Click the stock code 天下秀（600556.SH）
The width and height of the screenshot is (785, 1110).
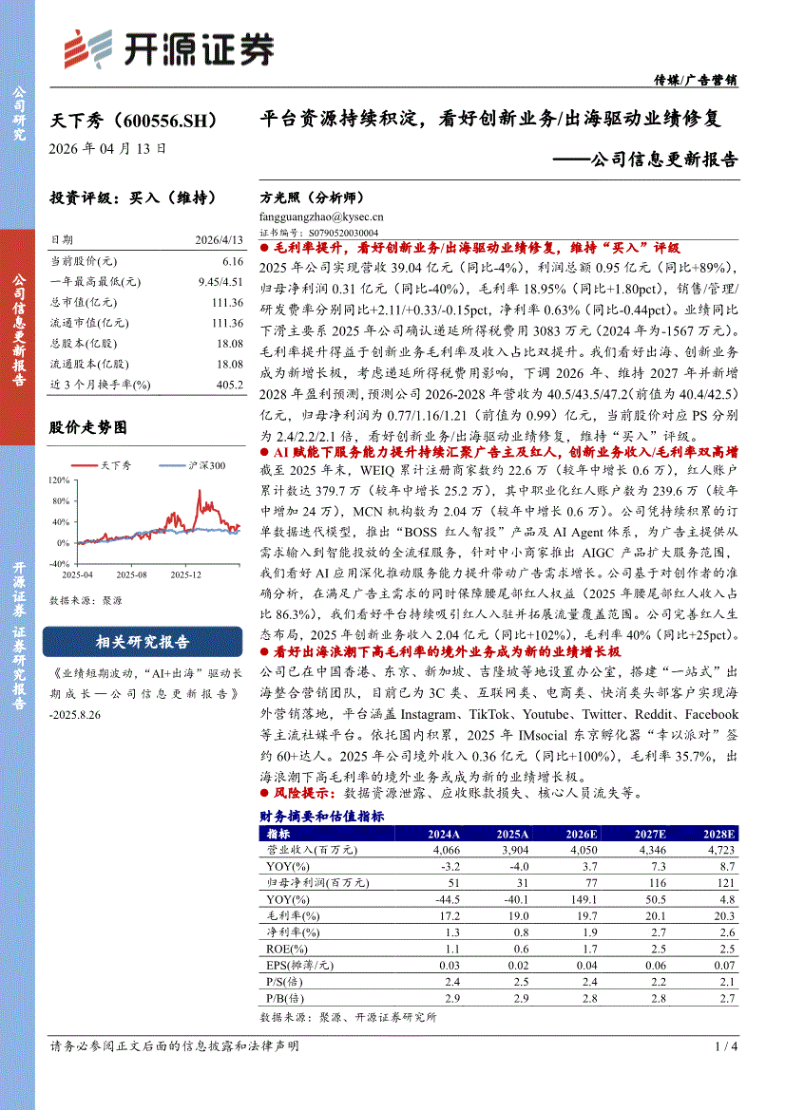pyautogui.click(x=139, y=122)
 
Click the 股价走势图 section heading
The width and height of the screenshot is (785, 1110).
pyautogui.click(x=87, y=428)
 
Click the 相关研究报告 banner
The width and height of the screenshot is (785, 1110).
pyautogui.click(x=143, y=643)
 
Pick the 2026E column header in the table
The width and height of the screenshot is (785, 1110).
pyautogui.click(x=581, y=834)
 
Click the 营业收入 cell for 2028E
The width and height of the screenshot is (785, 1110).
pyautogui.click(x=718, y=850)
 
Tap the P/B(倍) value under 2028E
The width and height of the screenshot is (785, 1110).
pyautogui.click(x=727, y=999)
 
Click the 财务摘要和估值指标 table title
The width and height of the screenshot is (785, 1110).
pyautogui.click(x=322, y=817)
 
